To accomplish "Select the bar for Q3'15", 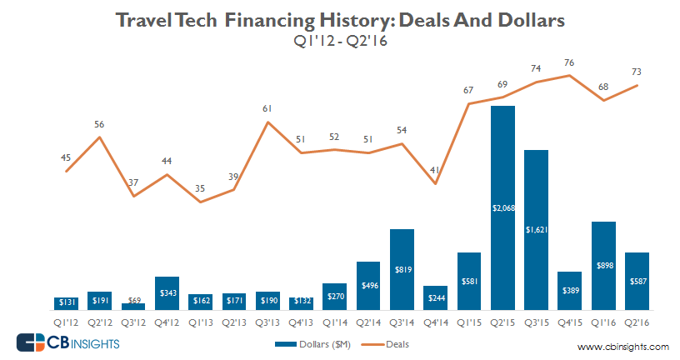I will click(536, 229).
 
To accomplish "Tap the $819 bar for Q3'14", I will click(402, 269).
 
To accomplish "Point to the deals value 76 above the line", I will click(570, 62).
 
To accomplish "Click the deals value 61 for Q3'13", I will click(267, 108).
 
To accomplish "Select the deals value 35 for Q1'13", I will click(200, 188).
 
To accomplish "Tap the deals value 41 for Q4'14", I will click(435, 170).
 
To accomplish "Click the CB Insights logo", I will click(67, 342).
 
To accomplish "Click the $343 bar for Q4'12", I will click(167, 292).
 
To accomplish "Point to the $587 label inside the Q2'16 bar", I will click(637, 281).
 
